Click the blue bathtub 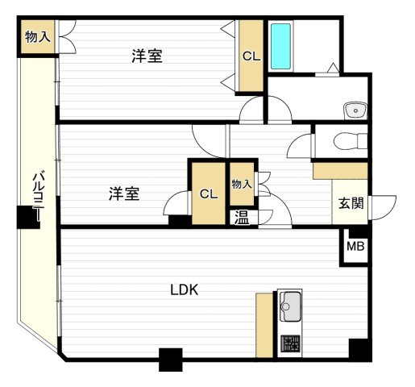[x=280, y=46]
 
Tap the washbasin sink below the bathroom [x=354, y=109]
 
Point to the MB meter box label [x=355, y=247]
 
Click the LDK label [x=184, y=289]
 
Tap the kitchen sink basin [x=289, y=306]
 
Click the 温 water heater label [x=241, y=216]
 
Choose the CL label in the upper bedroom [x=251, y=56]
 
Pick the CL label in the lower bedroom [x=208, y=193]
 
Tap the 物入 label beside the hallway [x=242, y=185]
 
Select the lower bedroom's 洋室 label [x=124, y=193]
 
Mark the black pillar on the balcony [x=27, y=218]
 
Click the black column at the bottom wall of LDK [x=171, y=359]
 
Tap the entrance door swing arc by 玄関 [x=381, y=205]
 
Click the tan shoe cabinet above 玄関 [x=340, y=170]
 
